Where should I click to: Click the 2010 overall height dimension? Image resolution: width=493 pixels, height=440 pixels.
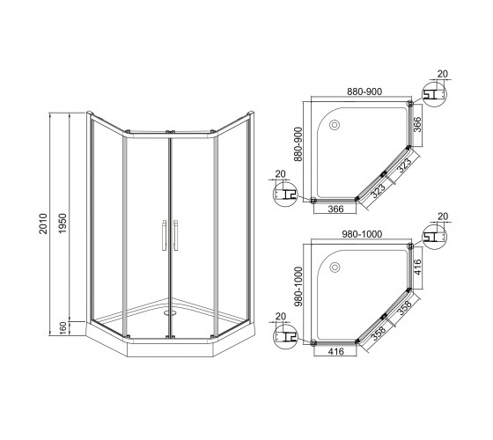tap(43, 224)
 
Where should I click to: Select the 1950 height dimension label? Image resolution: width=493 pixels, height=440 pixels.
tap(63, 224)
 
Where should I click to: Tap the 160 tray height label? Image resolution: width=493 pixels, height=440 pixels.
tap(63, 328)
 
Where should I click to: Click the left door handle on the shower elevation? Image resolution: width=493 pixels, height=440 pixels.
tap(164, 235)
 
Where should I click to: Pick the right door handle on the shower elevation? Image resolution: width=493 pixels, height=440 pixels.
tap(175, 235)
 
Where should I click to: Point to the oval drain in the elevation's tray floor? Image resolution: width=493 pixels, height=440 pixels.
tap(171, 312)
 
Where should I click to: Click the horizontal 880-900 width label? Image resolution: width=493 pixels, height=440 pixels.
tap(364, 92)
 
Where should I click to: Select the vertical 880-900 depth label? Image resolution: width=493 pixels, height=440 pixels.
tap(298, 144)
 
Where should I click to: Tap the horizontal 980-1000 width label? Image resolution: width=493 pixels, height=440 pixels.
tap(362, 234)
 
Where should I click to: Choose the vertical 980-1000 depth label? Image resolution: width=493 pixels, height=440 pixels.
tap(298, 287)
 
